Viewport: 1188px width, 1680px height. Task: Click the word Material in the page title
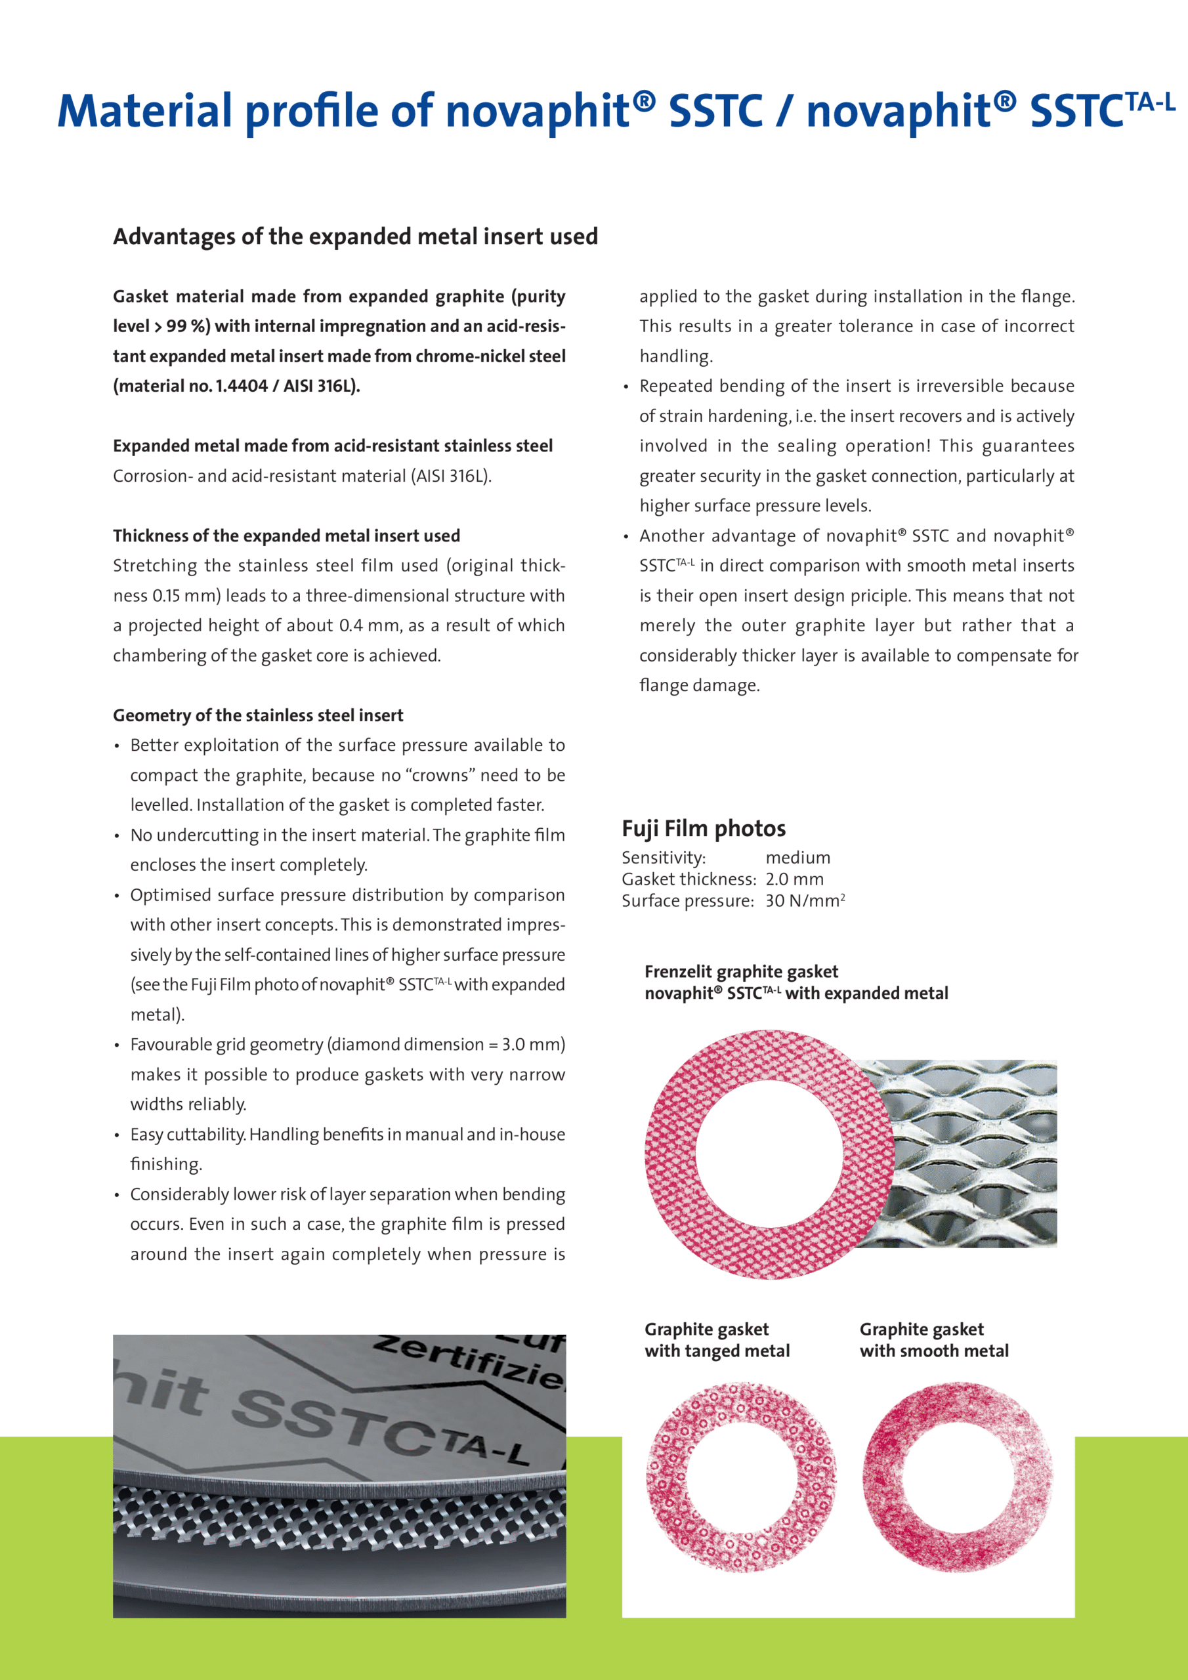click(144, 111)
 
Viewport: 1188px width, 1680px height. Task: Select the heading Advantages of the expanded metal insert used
click(355, 236)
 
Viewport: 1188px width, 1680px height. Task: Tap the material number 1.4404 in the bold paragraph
click(241, 386)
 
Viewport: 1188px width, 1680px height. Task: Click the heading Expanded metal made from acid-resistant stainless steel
click(332, 446)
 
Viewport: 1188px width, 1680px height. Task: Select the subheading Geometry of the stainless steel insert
click(258, 715)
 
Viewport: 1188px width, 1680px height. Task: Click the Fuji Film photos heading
click(704, 828)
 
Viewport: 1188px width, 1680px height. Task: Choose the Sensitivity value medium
click(798, 858)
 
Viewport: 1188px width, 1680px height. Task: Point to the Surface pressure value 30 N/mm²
click(805, 901)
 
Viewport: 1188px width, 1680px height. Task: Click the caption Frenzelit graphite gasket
click(741, 972)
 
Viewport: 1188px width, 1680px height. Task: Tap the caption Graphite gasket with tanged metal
click(717, 1340)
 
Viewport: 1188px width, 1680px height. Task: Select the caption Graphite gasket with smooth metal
click(933, 1340)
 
